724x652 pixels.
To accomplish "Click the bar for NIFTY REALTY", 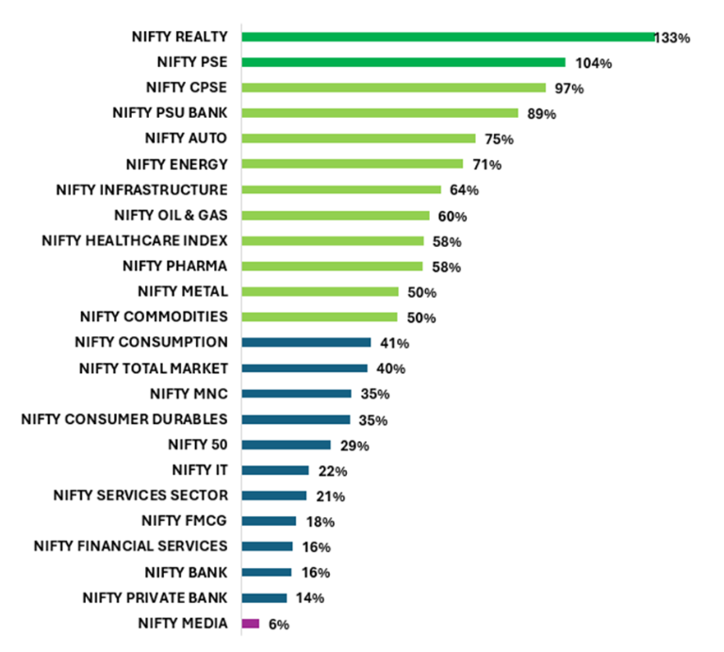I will tap(449, 37).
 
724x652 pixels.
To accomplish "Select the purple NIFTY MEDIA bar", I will tap(251, 623).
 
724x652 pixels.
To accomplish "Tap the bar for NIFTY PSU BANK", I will tap(380, 113).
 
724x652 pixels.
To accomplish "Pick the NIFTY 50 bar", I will tap(287, 445).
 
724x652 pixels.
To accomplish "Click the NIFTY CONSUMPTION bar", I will tap(306, 342).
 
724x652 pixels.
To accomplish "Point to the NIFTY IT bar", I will tap(275, 470).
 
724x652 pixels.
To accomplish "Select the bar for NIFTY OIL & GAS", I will tap(336, 215).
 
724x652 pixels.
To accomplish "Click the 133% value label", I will tap(674, 39).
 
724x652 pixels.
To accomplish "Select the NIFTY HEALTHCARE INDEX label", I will tap(135, 240).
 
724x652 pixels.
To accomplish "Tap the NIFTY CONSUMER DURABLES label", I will tap(124, 418).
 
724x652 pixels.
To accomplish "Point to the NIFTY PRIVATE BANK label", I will tap(155, 596).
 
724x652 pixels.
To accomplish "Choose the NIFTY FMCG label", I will tap(185, 520).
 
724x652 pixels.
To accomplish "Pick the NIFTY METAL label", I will tap(182, 291).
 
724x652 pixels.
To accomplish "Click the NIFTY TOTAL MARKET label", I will tap(154, 367).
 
